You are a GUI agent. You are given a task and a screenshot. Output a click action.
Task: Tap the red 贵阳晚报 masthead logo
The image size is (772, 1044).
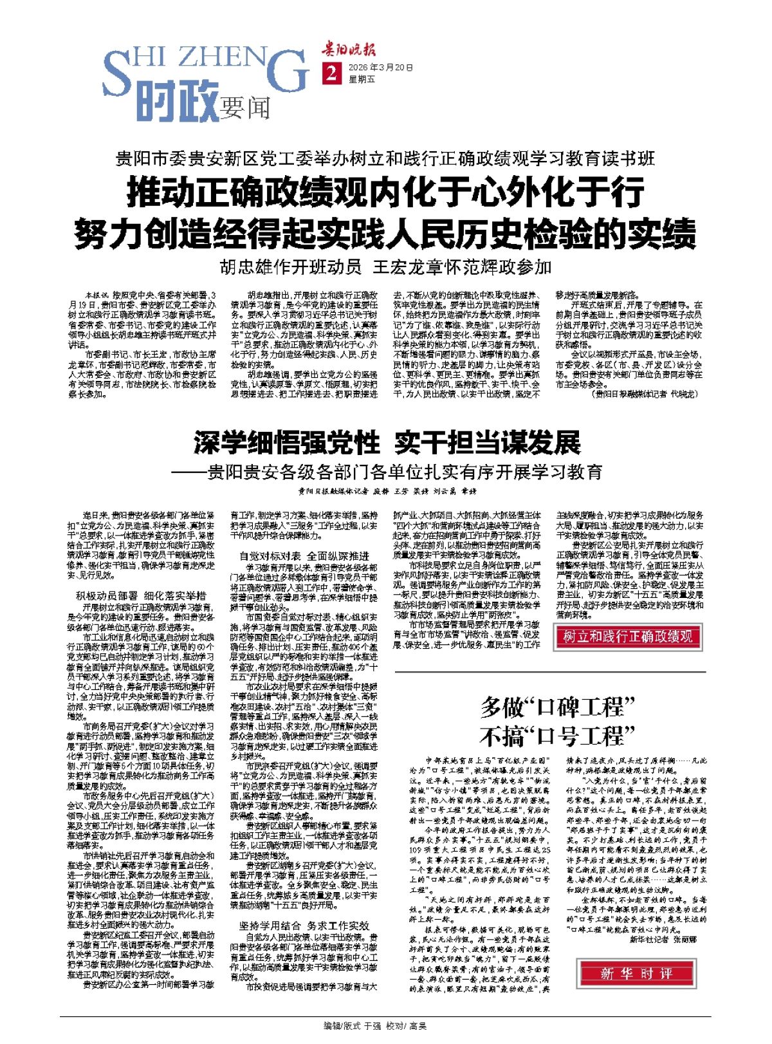click(349, 50)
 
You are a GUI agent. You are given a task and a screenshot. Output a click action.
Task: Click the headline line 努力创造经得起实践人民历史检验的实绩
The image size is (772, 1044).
click(385, 234)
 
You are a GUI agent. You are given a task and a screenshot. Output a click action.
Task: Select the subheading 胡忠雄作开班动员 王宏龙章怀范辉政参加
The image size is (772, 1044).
click(385, 266)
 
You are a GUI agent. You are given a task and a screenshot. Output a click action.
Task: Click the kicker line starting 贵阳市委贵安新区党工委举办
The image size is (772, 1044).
click(385, 158)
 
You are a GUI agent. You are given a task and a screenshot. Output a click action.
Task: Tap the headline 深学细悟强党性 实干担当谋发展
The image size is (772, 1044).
click(387, 443)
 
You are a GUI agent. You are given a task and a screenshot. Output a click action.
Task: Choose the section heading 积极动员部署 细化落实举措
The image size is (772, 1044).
click(141, 596)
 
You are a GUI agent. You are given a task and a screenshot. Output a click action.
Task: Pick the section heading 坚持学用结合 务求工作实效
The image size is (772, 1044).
click(304, 926)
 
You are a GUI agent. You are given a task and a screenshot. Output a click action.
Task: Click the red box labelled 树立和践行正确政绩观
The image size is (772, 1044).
click(628, 637)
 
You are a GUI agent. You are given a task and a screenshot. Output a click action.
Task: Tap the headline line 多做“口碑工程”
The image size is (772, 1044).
click(557, 708)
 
